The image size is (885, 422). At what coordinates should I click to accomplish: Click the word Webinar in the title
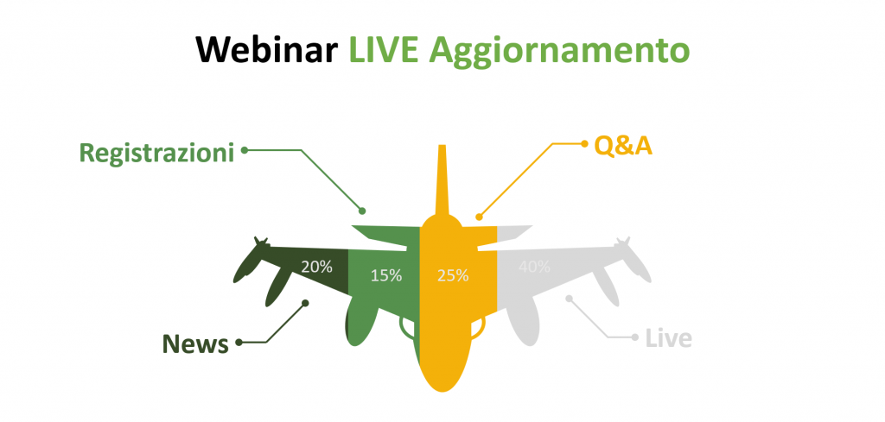click(x=266, y=49)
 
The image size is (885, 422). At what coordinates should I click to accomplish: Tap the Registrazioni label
click(x=156, y=153)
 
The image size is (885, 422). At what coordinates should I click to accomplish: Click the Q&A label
click(x=623, y=146)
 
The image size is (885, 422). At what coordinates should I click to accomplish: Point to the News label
click(x=195, y=343)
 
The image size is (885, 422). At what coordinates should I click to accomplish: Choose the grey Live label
click(x=669, y=339)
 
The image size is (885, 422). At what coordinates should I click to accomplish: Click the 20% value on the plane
click(x=316, y=267)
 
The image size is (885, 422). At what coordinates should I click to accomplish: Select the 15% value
click(x=386, y=275)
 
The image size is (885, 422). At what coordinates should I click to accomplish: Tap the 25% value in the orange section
click(x=453, y=275)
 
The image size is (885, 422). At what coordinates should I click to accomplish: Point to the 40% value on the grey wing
click(x=534, y=267)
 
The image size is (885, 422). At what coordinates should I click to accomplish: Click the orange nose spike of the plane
click(x=442, y=180)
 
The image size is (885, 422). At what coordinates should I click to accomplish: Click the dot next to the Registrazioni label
click(x=245, y=150)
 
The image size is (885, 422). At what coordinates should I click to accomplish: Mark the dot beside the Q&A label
click(x=584, y=143)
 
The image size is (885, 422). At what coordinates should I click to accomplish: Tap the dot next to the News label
click(x=239, y=342)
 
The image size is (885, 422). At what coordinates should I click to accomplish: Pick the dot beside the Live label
click(x=635, y=337)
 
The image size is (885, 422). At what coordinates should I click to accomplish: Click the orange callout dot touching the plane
click(x=479, y=217)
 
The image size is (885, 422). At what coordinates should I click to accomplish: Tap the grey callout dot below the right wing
click(x=569, y=298)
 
